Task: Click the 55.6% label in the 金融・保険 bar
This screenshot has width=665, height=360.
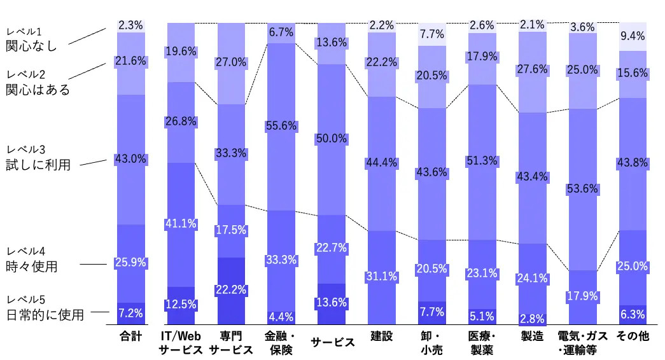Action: pos(281,126)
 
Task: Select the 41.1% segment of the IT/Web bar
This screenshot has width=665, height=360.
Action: pos(181,223)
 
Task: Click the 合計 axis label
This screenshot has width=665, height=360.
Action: pos(130,335)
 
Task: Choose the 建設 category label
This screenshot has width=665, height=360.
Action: pos(381,335)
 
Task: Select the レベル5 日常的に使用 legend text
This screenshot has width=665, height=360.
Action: pos(45,308)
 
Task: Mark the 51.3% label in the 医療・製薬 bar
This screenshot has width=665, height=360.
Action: pos(482,161)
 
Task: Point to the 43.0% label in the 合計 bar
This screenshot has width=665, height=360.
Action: pos(130,158)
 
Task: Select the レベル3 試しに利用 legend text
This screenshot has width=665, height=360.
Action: pos(38,158)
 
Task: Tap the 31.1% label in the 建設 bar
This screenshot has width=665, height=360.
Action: pos(381,276)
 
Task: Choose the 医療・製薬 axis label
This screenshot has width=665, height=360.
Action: pos(482,342)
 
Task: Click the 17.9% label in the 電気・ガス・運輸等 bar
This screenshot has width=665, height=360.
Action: pos(582,296)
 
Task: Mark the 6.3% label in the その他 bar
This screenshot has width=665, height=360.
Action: pos(633,314)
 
